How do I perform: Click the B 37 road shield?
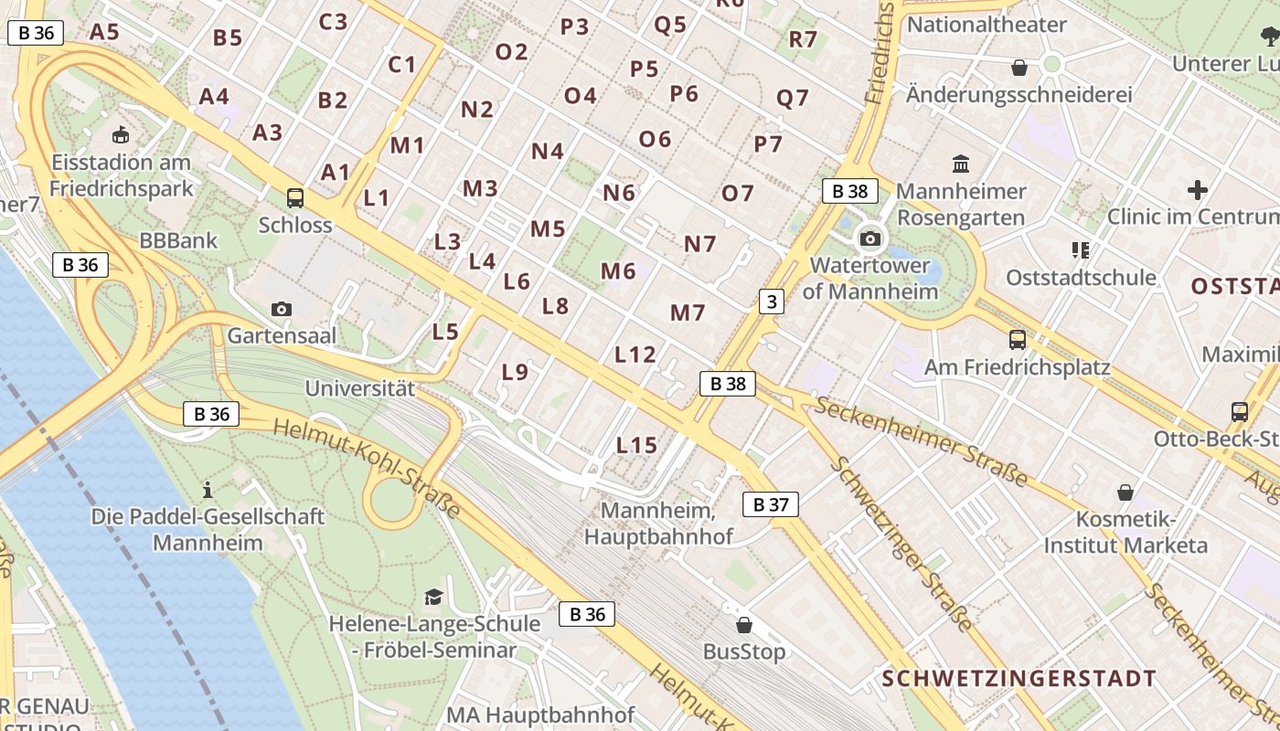[x=770, y=504]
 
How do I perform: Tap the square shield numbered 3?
[x=772, y=301]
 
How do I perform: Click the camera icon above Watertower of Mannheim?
[x=869, y=239]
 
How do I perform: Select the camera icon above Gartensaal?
[x=282, y=309]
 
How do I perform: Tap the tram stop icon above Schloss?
[x=294, y=197]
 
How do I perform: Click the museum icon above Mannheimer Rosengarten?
[x=961, y=164]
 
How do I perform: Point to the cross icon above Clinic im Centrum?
[x=1197, y=190]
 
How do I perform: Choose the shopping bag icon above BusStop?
[x=744, y=625]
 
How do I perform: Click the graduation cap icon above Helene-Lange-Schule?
[x=433, y=598]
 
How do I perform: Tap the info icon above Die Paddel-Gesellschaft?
[x=208, y=490]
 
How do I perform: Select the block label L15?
[x=636, y=446]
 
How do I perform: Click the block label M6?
[x=618, y=271]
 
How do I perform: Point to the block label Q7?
[x=793, y=98]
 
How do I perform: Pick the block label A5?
[x=105, y=32]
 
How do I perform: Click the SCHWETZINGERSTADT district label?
[x=1019, y=679]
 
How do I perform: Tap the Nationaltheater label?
[x=987, y=25]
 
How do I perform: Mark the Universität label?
[x=359, y=388]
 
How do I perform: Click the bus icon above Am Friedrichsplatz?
[x=1017, y=340]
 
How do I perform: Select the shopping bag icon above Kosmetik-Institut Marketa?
[x=1125, y=493]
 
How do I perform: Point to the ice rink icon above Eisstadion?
[x=120, y=135]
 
